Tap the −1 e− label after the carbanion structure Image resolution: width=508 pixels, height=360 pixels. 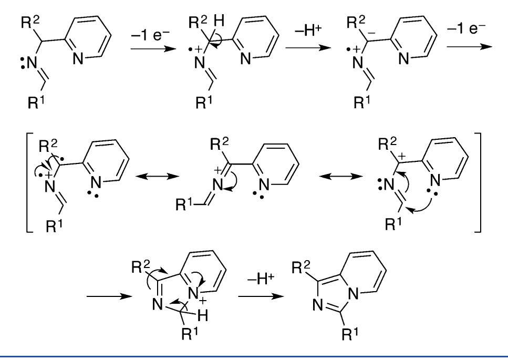coord(466,29)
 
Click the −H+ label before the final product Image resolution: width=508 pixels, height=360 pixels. coord(261,279)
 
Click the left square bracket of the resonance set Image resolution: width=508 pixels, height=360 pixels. coord(29,182)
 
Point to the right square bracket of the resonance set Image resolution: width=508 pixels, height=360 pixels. coord(478,182)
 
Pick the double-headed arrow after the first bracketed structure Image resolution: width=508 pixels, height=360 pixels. coord(157,176)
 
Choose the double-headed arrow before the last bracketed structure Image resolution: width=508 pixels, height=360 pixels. coord(340,176)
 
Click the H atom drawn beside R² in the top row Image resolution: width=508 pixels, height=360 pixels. coord(219,22)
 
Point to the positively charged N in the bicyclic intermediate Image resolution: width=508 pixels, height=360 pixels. coord(193,294)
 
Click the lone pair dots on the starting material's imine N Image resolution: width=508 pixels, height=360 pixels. coord(23,63)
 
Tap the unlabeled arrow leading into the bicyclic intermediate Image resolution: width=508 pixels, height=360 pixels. coord(109,296)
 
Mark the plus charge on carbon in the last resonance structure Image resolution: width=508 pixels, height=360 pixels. coord(401,157)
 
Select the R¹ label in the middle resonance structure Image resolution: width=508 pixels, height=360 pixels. coord(185,204)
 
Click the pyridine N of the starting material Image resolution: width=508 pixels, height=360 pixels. coord(78,59)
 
